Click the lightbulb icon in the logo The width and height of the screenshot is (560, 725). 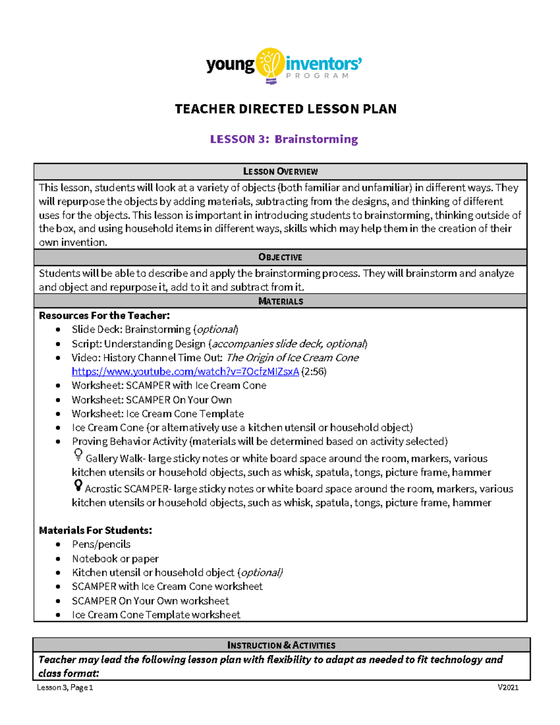270,65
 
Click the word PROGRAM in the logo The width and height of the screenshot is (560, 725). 317,76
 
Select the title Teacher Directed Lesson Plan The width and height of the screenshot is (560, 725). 286,109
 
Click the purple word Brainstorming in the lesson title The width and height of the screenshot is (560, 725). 316,139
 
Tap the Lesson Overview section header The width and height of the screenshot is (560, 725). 280,172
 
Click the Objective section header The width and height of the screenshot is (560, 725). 280,257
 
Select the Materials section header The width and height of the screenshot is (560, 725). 280,302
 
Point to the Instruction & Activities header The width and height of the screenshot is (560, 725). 281,645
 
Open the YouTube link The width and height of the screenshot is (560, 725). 185,372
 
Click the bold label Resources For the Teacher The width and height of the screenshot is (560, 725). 104,316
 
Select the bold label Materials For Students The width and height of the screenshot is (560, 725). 95,530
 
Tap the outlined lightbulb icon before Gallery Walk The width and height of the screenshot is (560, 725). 78,455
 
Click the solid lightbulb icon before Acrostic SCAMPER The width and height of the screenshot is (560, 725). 78,486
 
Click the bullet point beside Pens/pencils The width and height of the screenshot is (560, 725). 58,544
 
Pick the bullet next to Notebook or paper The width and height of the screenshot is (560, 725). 58,559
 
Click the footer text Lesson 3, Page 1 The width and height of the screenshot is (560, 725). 65,687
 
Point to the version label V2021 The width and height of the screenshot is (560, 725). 508,687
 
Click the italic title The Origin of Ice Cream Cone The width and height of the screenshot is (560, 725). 293,358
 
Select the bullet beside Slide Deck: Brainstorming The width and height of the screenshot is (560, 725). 58,330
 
